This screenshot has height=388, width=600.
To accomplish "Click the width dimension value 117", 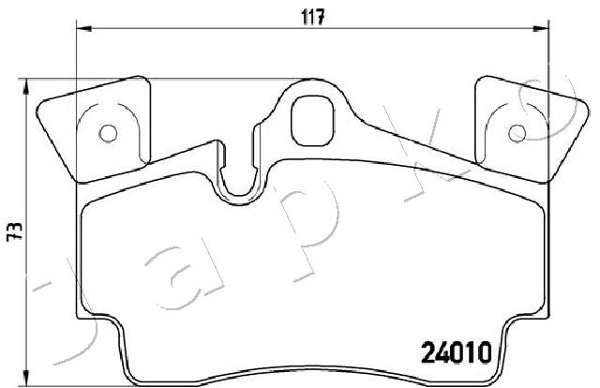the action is pos(313,17).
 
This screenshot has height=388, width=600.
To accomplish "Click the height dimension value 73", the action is pos(15,231).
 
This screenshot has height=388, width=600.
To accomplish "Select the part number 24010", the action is pos(457,352).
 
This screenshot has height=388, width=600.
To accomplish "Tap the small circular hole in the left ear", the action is pos(108,133).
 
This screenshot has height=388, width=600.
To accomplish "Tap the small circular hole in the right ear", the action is pos(517,133).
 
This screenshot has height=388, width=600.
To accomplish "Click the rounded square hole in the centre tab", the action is pos(312,121).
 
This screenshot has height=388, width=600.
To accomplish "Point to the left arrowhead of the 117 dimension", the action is pos(84,28).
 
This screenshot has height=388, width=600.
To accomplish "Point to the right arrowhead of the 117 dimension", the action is pos(541,28).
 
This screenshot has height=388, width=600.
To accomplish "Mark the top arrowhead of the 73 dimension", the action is pos(25,86).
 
